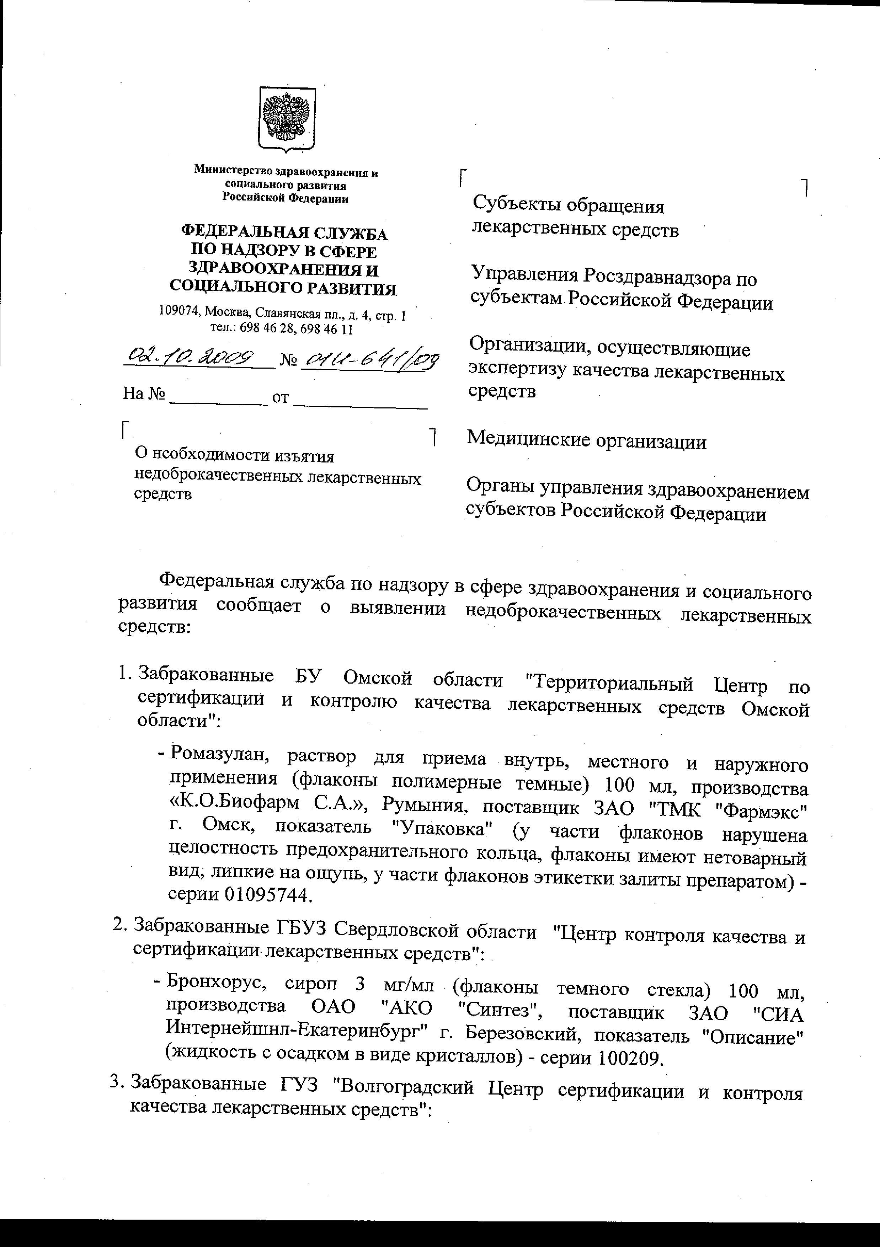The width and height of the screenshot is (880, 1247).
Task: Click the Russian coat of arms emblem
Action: [x=286, y=118]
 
